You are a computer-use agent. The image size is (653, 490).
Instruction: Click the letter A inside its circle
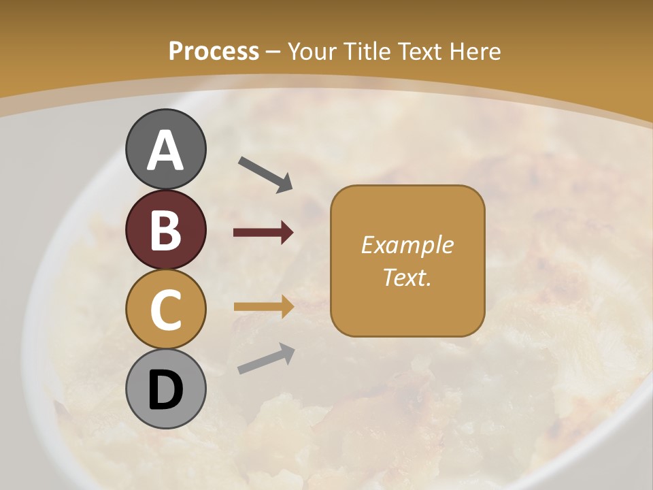165,151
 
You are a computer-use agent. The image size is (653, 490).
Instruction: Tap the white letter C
165,310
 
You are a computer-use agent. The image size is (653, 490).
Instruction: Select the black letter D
165,390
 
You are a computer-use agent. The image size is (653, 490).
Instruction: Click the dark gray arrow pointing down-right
265,173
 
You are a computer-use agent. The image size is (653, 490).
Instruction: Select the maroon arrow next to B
263,233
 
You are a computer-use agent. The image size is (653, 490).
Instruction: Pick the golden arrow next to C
264,306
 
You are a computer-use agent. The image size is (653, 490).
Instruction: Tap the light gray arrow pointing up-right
266,358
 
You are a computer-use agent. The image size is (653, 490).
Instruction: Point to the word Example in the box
407,245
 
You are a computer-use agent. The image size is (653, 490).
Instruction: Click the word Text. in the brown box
407,277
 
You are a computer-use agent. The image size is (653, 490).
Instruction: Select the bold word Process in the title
214,51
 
